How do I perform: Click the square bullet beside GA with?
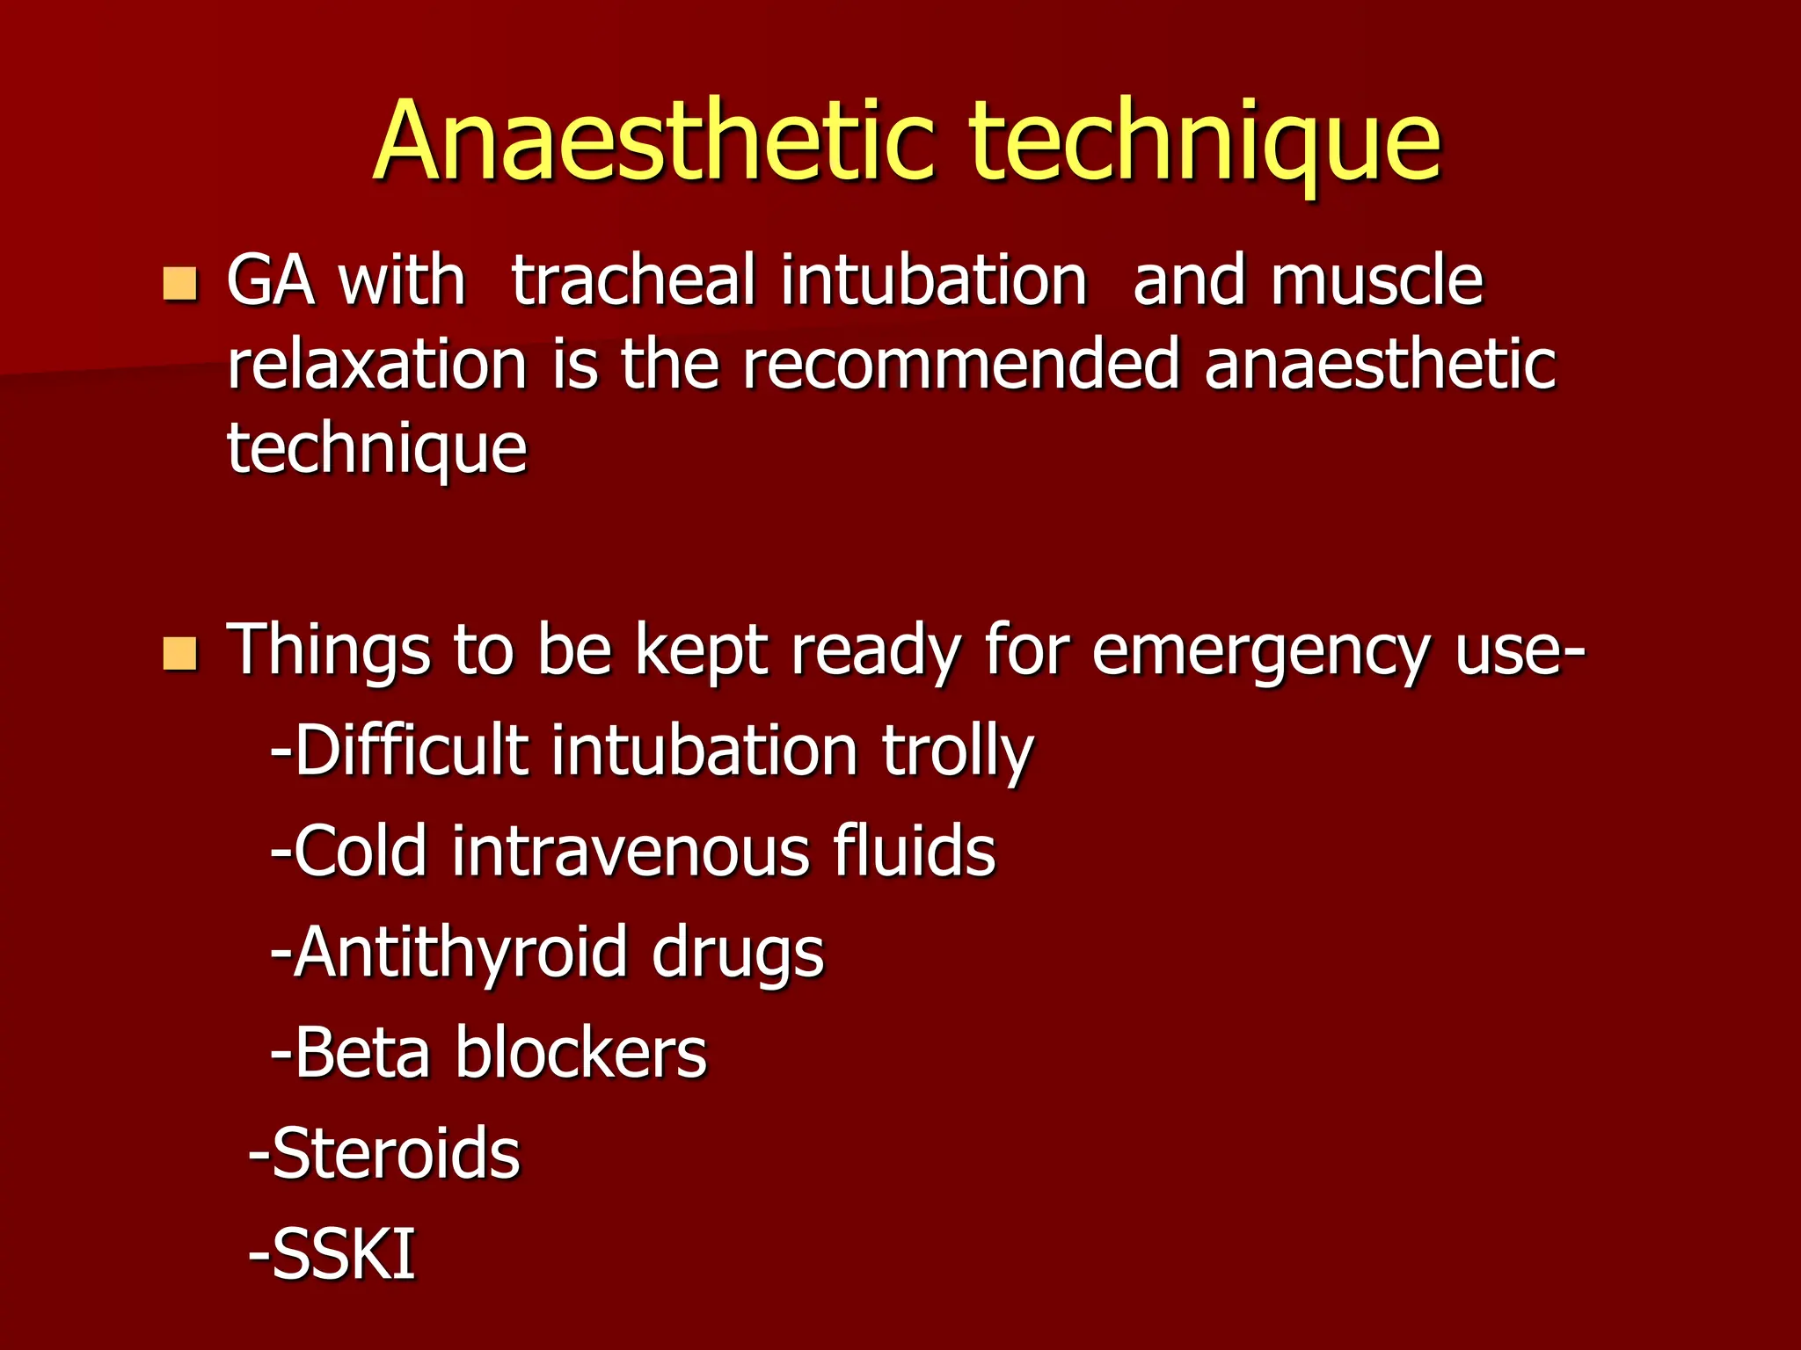(x=180, y=284)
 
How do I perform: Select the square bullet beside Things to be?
(x=180, y=653)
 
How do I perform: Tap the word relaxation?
(x=376, y=365)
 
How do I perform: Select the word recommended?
(x=961, y=365)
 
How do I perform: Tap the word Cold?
(x=361, y=852)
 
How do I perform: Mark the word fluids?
(x=914, y=852)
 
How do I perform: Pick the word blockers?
(x=580, y=1053)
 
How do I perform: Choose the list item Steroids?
(x=396, y=1153)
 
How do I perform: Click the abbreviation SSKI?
(x=343, y=1254)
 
